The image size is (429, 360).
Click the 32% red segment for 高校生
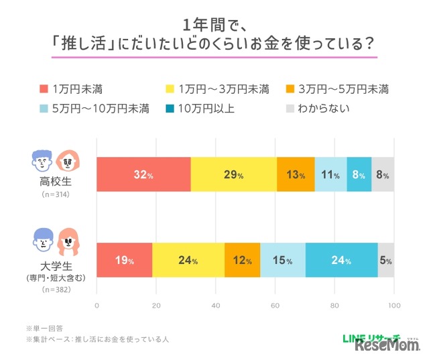143,175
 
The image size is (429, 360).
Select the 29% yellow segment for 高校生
233,175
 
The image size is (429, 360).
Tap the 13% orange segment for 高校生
295,175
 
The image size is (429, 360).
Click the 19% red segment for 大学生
125,260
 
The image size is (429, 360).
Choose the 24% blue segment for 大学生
341,260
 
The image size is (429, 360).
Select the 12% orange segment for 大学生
242,260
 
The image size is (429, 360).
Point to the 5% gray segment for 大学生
386,260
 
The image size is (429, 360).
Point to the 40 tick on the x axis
216,306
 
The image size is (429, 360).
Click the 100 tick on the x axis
393,306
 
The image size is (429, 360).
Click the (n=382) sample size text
55,290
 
